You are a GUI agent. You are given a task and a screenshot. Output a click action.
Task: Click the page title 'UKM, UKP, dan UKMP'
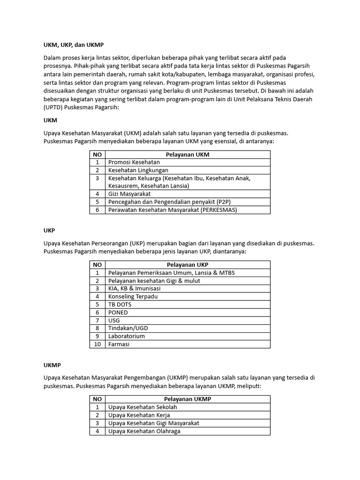point(73,45)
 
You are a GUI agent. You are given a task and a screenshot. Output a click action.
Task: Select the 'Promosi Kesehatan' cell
point(134,162)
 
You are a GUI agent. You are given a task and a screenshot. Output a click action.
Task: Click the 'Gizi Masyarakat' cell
point(129,194)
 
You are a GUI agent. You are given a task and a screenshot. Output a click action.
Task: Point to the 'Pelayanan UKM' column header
point(187,154)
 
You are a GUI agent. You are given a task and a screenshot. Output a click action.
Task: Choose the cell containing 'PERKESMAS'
point(172,210)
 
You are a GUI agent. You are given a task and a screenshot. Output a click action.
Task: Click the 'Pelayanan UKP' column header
point(187,265)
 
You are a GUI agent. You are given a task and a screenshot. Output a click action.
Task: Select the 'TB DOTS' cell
point(120,304)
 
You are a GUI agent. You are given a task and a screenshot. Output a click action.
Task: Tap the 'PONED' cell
point(118,312)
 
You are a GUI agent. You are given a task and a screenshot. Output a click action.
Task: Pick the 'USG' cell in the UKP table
point(114,320)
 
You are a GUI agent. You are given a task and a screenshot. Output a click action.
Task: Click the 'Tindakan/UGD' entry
point(128,328)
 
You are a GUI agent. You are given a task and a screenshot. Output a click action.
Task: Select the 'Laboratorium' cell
point(127,336)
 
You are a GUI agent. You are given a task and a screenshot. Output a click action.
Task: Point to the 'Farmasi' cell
point(119,344)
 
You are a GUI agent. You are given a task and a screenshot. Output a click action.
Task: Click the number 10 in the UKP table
point(97,344)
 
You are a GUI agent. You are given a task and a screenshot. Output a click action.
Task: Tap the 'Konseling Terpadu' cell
point(133,296)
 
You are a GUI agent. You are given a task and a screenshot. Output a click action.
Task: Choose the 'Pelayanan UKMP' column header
point(187,399)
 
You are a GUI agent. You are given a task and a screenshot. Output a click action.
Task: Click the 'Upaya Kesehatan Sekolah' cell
point(142,407)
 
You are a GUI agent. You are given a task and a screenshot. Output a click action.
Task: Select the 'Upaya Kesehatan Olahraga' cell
point(144,431)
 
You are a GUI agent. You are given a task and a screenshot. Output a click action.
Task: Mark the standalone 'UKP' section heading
point(49,231)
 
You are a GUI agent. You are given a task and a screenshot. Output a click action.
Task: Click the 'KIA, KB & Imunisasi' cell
point(135,288)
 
